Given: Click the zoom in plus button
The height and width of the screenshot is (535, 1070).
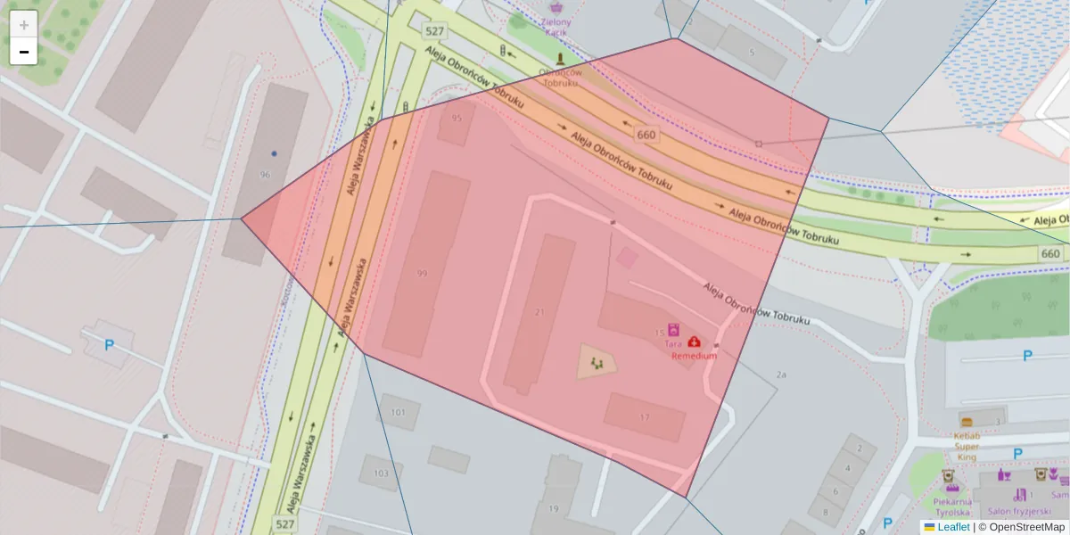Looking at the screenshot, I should pyautogui.click(x=24, y=25).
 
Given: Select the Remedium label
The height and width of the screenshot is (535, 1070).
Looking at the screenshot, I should pyautogui.click(x=694, y=355).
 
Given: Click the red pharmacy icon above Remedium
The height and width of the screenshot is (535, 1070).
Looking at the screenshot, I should pyautogui.click(x=694, y=342).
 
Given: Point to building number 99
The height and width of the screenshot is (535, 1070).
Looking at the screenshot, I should pyautogui.click(x=422, y=273).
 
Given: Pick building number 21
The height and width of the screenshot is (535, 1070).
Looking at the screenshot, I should pyautogui.click(x=539, y=312).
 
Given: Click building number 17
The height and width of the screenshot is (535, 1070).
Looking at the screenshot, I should pyautogui.click(x=645, y=417).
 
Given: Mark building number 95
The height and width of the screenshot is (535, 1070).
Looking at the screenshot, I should pyautogui.click(x=457, y=118).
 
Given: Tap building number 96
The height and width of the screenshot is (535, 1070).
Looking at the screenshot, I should pyautogui.click(x=264, y=175).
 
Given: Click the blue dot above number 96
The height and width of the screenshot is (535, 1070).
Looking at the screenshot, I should pyautogui.click(x=274, y=153).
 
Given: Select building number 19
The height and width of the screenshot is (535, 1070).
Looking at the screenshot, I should pyautogui.click(x=553, y=509).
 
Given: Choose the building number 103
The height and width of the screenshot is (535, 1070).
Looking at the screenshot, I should pyautogui.click(x=381, y=473).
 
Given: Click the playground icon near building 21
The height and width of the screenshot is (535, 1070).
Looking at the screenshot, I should pyautogui.click(x=597, y=362).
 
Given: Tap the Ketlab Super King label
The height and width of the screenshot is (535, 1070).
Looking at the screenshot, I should pyautogui.click(x=967, y=446).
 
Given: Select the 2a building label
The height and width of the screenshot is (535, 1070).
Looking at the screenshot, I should pyautogui.click(x=781, y=374).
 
